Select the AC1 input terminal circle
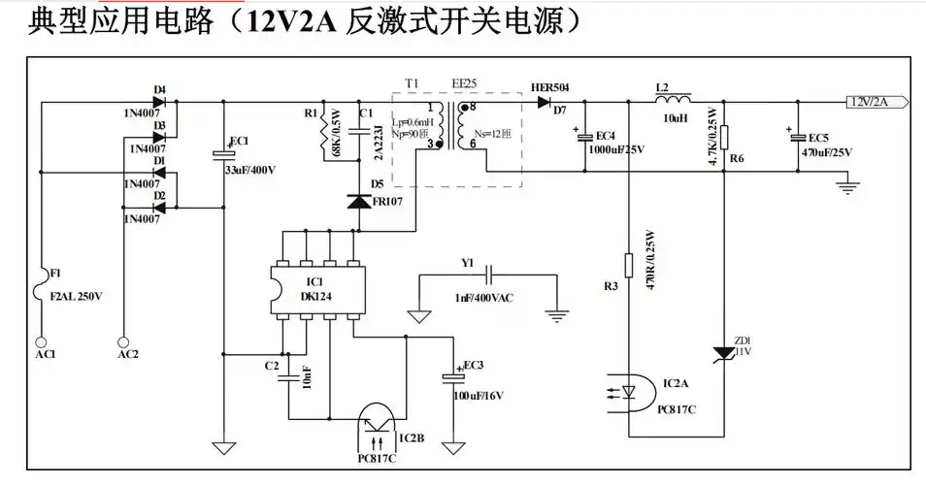tap(42, 340)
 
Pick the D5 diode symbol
tap(359, 202)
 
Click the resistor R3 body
tap(629, 265)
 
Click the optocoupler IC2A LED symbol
tap(629, 393)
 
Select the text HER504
tap(549, 87)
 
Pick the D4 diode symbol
tap(160, 101)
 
